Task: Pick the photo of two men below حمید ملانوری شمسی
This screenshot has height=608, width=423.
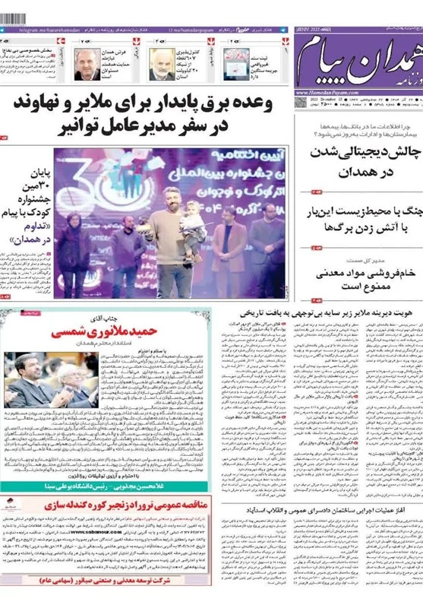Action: coord(51,380)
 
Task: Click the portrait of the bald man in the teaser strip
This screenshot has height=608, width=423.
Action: coord(161,64)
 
